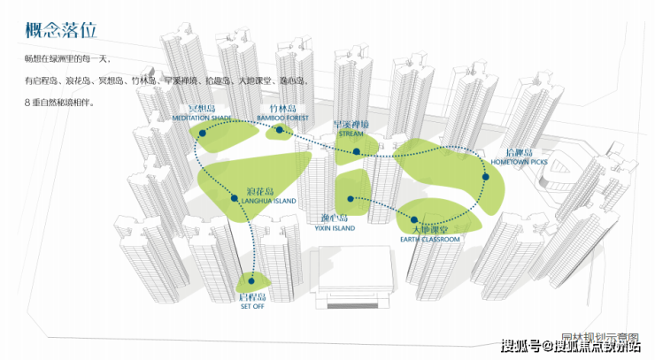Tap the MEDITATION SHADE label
pyautogui.click(x=204, y=117)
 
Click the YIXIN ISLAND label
pyautogui.click(x=335, y=228)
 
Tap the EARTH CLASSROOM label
pyautogui.click(x=430, y=240)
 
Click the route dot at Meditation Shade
pyautogui.click(x=203, y=133)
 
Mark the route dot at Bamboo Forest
pyautogui.click(x=280, y=131)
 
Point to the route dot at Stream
pyautogui.click(x=357, y=152)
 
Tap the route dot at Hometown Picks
pyautogui.click(x=486, y=178)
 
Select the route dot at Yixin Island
pyautogui.click(x=351, y=199)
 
